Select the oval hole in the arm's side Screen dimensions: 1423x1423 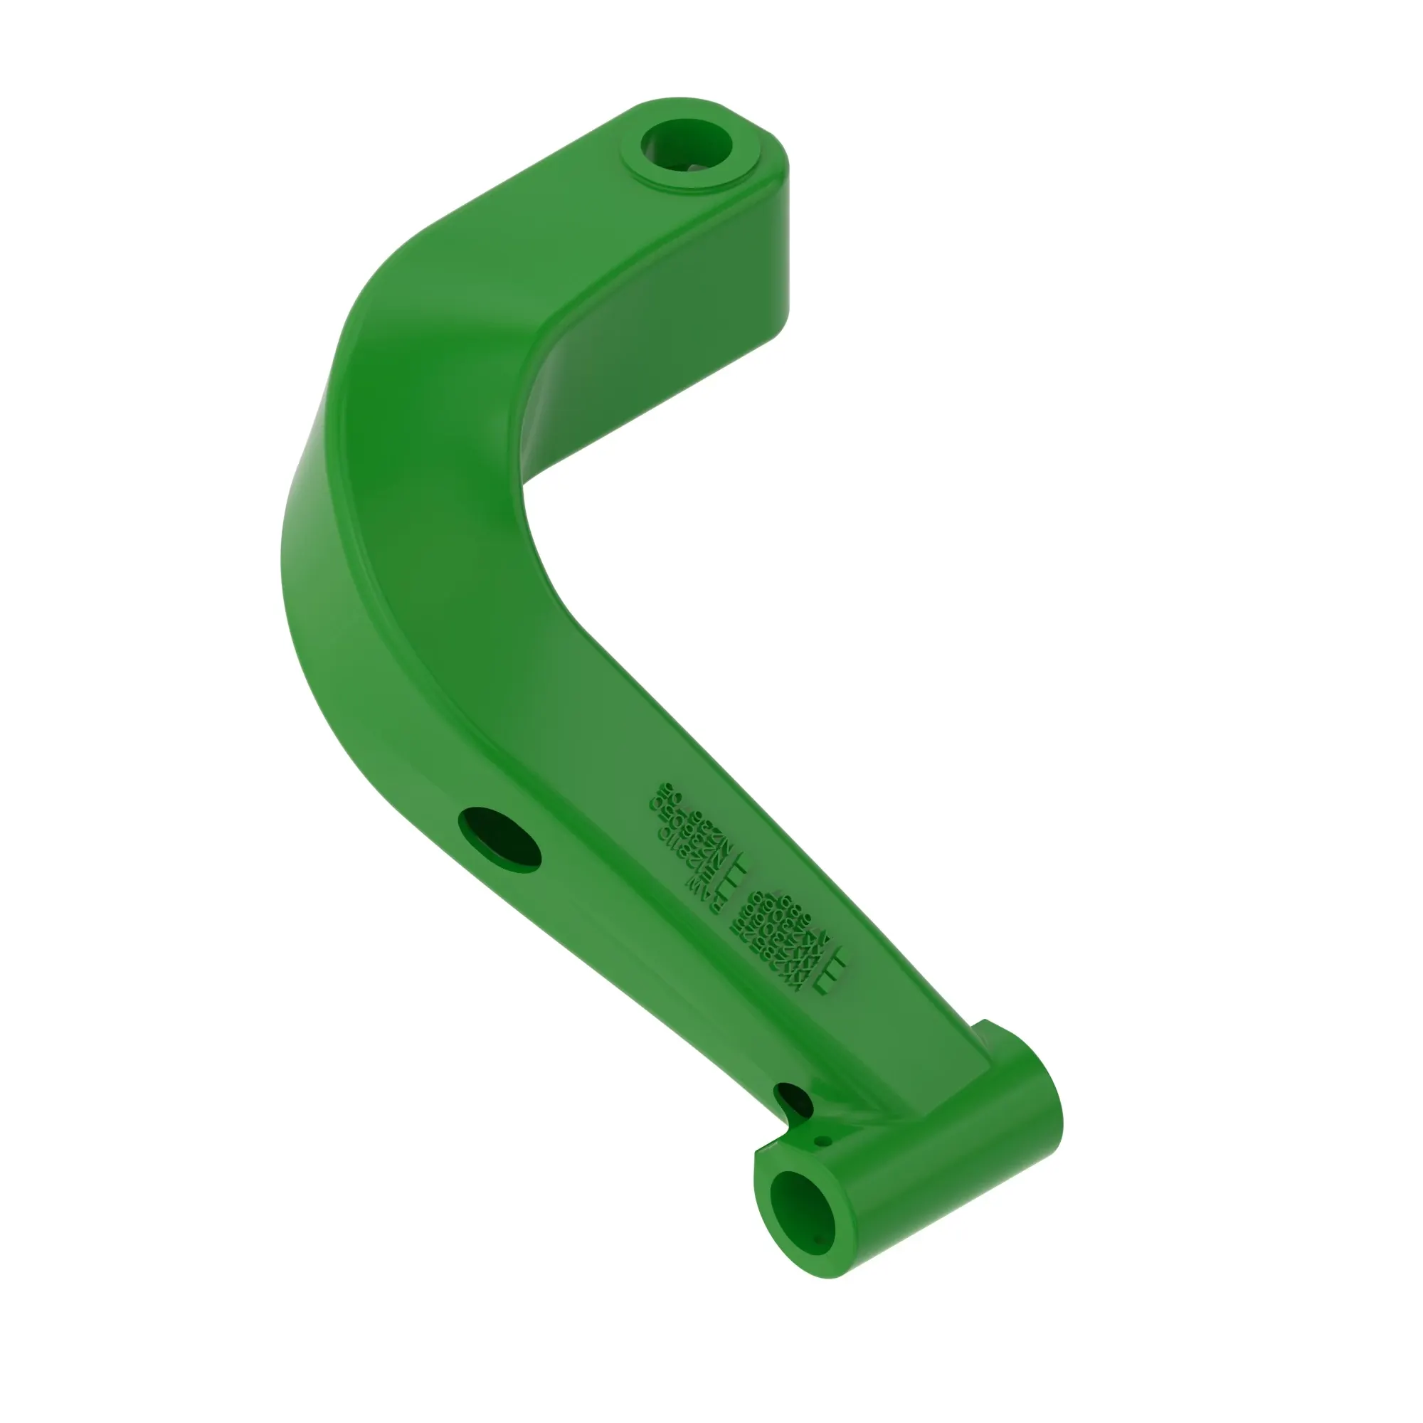pyautogui.click(x=499, y=839)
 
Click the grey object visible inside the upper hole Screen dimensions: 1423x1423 pyautogui.click(x=695, y=169)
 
